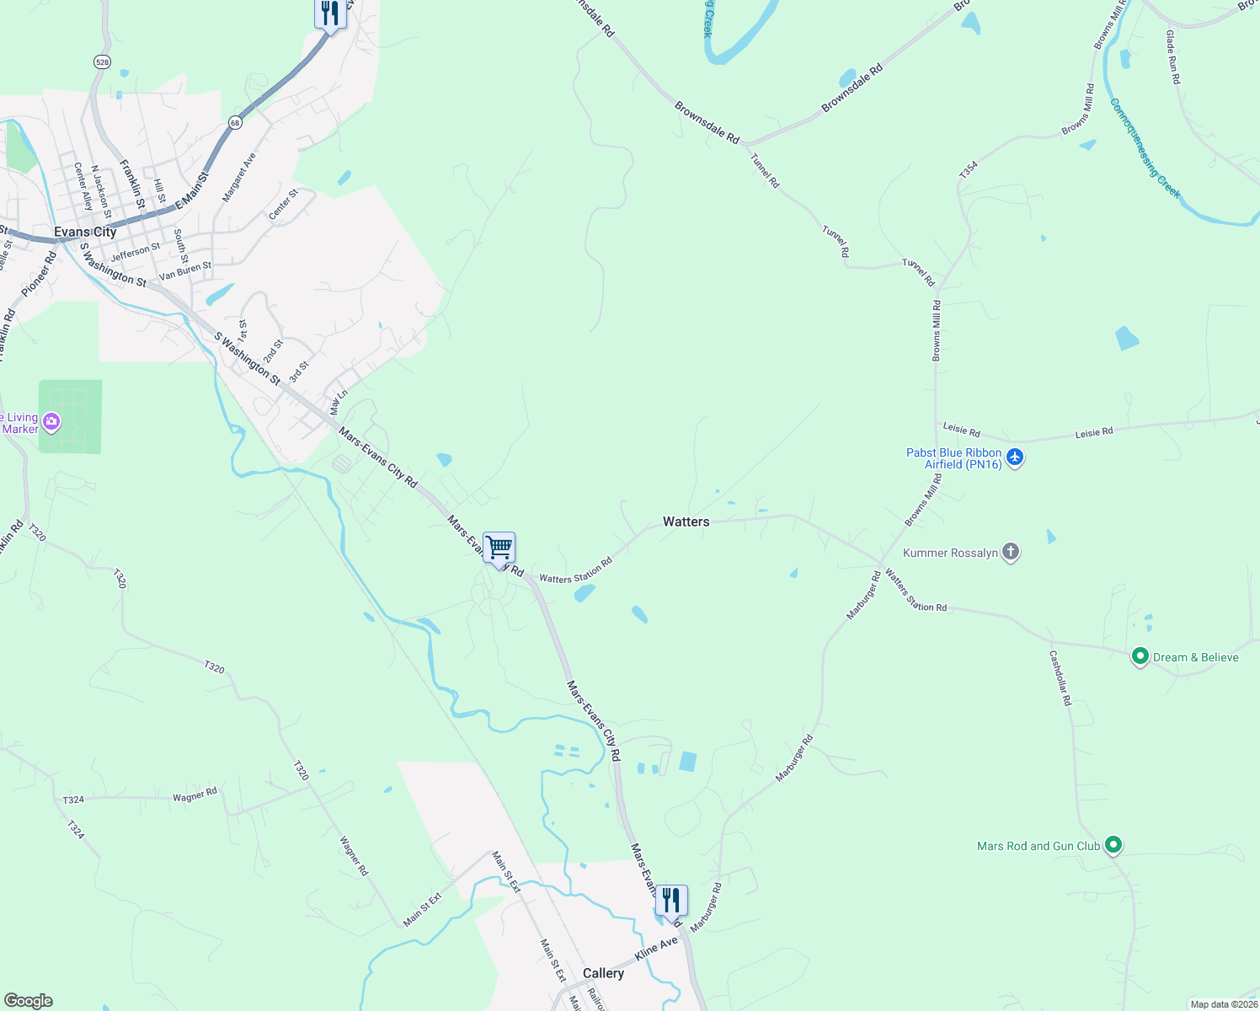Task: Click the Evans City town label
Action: [x=85, y=232]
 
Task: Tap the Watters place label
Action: [x=686, y=522]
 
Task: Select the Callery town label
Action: [x=603, y=973]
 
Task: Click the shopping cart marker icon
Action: [x=499, y=548]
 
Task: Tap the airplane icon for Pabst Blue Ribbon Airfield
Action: [x=1015, y=457]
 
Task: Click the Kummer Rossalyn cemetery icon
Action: [x=1011, y=553]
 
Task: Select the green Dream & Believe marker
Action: [x=1140, y=656]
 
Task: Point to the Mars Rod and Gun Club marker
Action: [x=1113, y=844]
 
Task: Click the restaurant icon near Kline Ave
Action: [x=671, y=900]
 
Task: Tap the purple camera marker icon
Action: [x=51, y=421]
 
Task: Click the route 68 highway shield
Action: [x=234, y=123]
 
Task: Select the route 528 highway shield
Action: [x=101, y=62]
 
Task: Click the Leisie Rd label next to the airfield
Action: [x=961, y=431]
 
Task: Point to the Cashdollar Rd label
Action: [x=1060, y=677]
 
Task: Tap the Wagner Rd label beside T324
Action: [x=195, y=795]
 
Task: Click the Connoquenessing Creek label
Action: [x=1145, y=149]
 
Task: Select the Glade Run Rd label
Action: [x=1172, y=57]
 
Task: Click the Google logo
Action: [x=29, y=1000]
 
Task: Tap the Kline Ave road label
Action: [x=656, y=949]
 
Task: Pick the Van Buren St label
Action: [x=185, y=270]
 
